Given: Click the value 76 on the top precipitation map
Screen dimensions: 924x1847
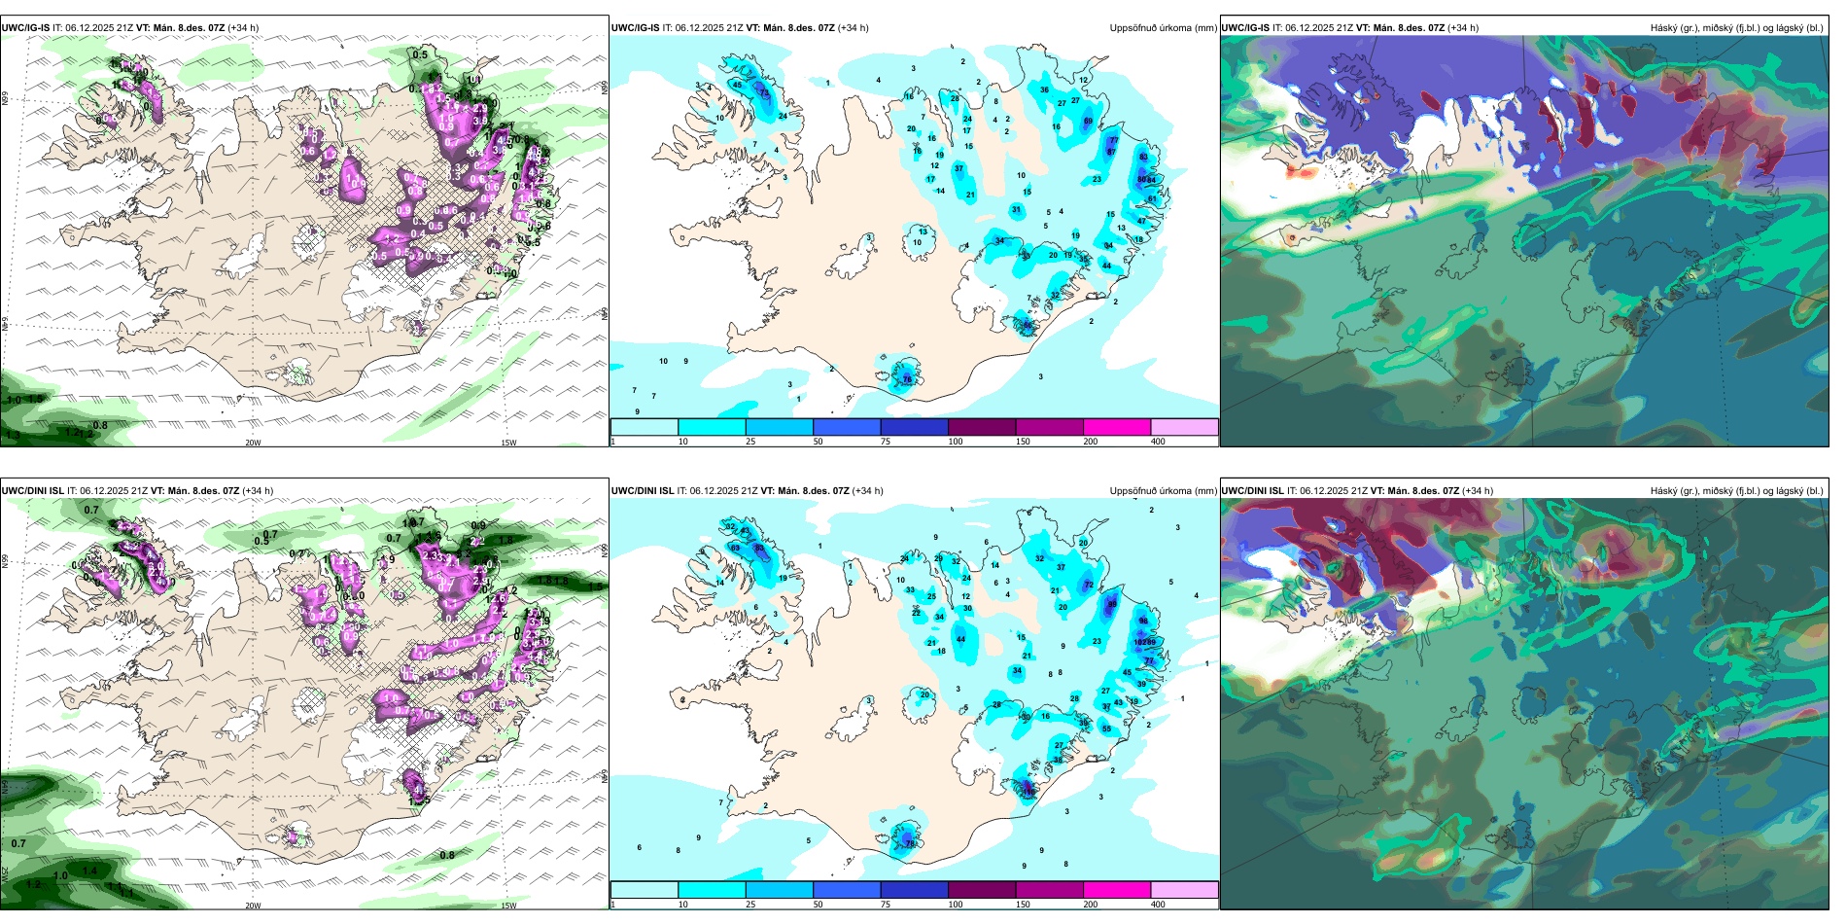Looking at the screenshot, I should [x=907, y=378].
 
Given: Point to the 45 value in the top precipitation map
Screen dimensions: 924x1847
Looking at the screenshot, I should [x=737, y=86].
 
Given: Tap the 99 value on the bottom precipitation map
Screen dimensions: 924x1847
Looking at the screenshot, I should [x=1152, y=642].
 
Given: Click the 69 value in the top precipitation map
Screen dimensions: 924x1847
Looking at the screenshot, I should [x=1088, y=122].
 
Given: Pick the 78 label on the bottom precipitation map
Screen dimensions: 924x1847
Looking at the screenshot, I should [x=911, y=843].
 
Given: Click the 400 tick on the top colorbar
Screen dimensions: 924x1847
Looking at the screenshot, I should [x=1158, y=442].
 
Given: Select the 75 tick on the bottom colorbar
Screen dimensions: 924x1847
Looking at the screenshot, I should [x=886, y=905].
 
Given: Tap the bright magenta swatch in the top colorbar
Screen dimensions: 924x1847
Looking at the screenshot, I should [x=1116, y=427].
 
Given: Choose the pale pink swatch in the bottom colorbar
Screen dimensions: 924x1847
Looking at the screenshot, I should [x=1184, y=890].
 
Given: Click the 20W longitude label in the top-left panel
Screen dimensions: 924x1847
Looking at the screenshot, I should [x=253, y=443].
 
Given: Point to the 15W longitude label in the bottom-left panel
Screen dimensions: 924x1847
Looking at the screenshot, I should [x=508, y=906].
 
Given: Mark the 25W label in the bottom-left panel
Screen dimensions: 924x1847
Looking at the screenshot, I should [x=5, y=874].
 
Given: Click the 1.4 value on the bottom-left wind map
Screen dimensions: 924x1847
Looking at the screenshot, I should [x=90, y=871].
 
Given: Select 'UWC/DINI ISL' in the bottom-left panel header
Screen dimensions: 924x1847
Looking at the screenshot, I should [x=32, y=491].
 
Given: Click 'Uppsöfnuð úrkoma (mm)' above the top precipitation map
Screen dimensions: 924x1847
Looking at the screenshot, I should [x=1163, y=28].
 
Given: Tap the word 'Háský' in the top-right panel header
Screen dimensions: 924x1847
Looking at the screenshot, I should [x=1664, y=28].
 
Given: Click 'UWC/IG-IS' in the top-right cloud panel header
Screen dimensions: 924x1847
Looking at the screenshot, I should [x=1245, y=28].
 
